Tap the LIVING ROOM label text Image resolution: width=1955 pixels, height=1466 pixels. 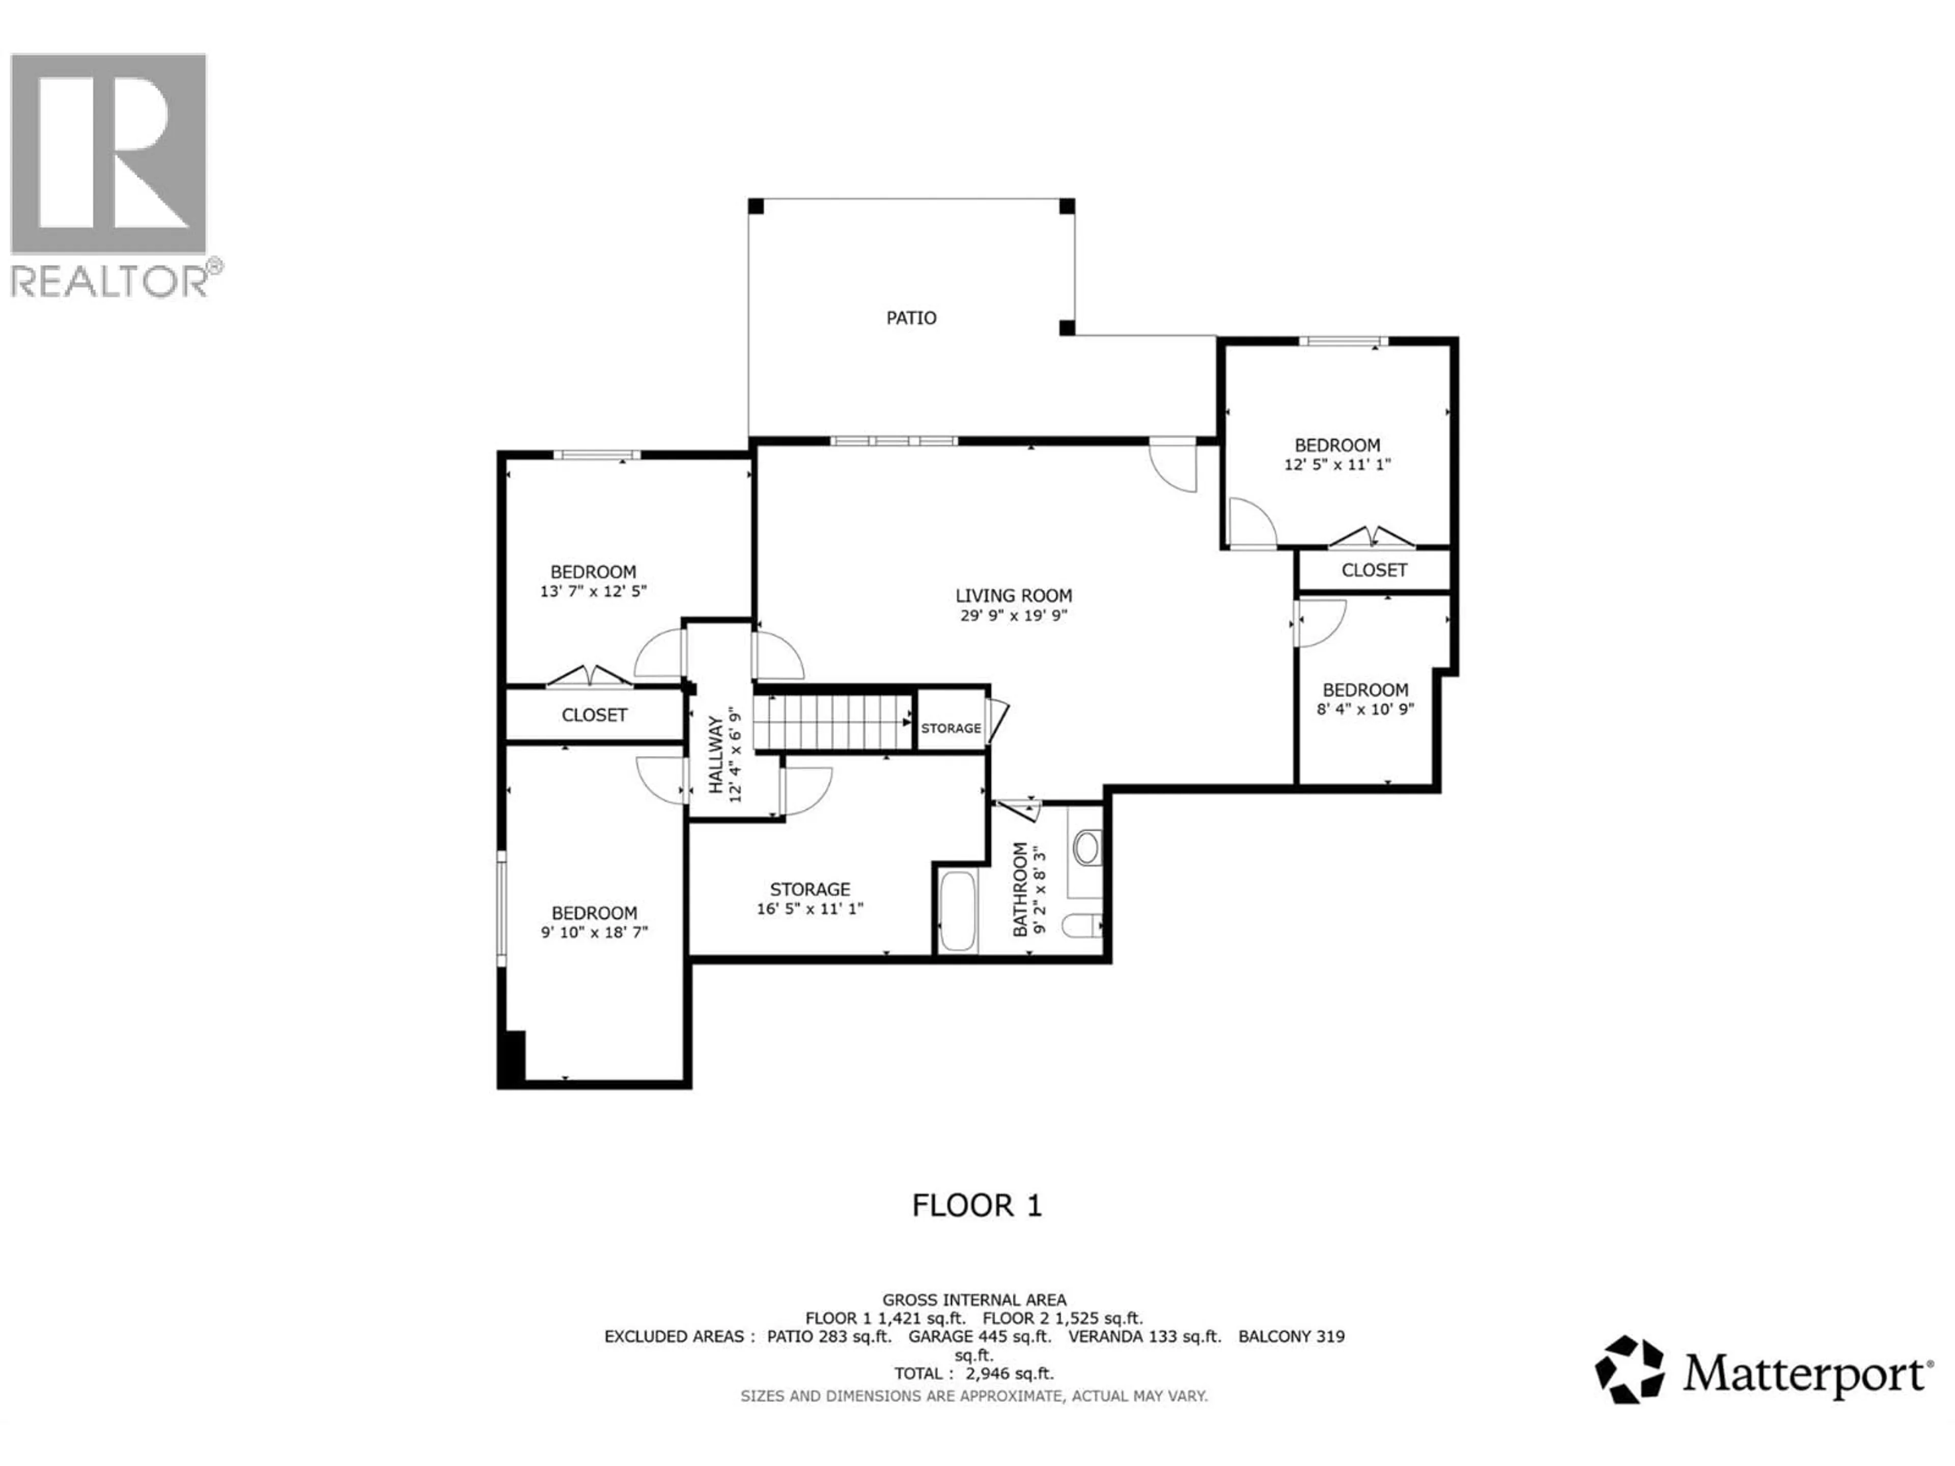tap(1014, 596)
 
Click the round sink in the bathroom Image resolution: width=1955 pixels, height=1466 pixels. tap(1086, 849)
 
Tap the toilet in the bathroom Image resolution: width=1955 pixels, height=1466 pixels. tap(1080, 926)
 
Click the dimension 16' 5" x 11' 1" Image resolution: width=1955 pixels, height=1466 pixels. tap(809, 909)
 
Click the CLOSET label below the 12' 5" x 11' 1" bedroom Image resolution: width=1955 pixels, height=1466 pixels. tap(1374, 571)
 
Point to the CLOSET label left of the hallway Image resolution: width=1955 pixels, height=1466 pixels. tap(594, 715)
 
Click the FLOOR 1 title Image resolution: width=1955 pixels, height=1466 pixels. tap(976, 1205)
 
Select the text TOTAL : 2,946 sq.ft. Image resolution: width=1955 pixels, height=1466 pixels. tap(974, 1373)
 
